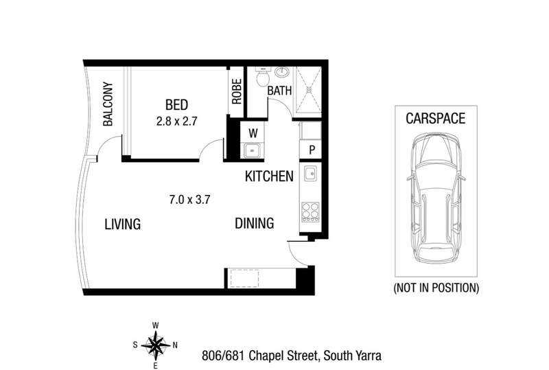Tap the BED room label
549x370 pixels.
[x=176, y=105]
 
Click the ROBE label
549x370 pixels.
[x=237, y=91]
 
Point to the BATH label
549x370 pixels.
[x=279, y=91]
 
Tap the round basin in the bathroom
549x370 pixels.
[x=281, y=72]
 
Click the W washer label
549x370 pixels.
[x=253, y=132]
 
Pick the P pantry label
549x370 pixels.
[x=311, y=150]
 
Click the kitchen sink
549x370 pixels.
[x=310, y=173]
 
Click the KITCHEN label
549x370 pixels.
[x=269, y=176]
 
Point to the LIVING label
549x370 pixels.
[x=122, y=224]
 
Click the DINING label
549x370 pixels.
[x=255, y=223]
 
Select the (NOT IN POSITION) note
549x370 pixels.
[x=435, y=288]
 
